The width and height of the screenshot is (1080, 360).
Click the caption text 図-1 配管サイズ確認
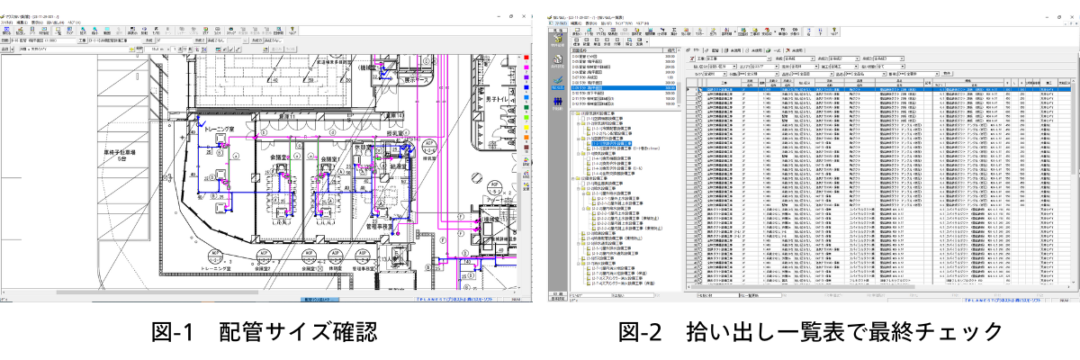coord(261,333)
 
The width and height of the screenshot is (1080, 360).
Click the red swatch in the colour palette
coord(526,58)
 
